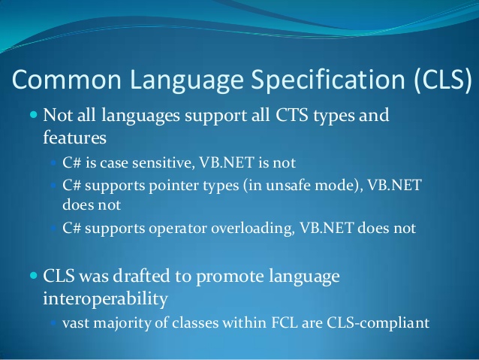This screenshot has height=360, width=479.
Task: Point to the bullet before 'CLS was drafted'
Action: pyautogui.click(x=33, y=276)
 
